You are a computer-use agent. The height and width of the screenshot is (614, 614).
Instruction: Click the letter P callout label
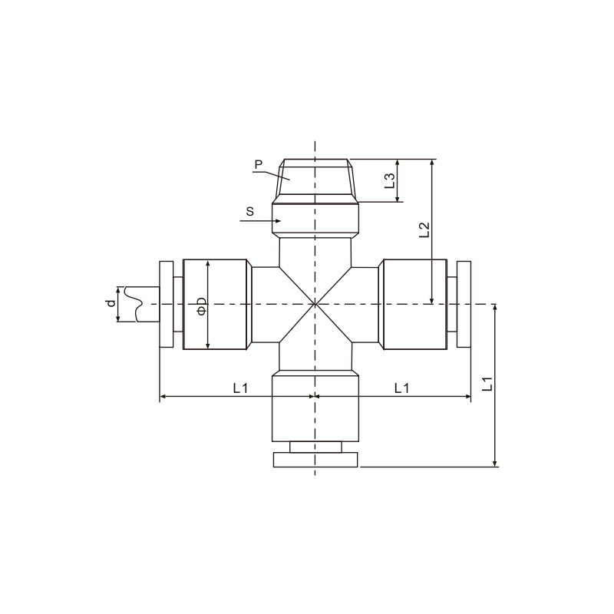pyautogui.click(x=258, y=164)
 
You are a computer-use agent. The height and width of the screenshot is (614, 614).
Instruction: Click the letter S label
pyautogui.click(x=250, y=212)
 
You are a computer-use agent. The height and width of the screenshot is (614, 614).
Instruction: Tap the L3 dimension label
pyautogui.click(x=390, y=180)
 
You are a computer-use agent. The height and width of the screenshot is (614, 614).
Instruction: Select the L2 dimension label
pyautogui.click(x=424, y=229)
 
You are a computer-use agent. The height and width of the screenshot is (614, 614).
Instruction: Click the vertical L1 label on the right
pyautogui.click(x=487, y=384)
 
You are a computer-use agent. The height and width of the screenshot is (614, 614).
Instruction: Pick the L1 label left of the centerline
pyautogui.click(x=240, y=388)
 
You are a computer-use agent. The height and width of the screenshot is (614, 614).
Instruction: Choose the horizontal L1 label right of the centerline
pyautogui.click(x=401, y=388)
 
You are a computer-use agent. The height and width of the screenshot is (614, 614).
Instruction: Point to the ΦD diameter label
pyautogui.click(x=201, y=305)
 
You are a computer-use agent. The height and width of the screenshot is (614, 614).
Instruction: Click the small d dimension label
pyautogui.click(x=111, y=303)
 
